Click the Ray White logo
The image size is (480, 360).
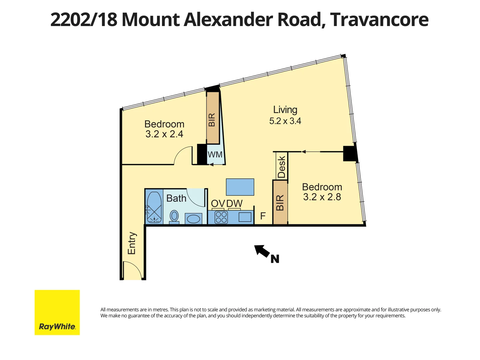(x=57, y=312)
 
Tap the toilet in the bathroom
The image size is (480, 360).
(x=174, y=216)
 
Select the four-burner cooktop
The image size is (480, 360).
(x=221, y=217)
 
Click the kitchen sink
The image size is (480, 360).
(x=245, y=217)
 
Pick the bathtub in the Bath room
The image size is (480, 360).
(x=154, y=207)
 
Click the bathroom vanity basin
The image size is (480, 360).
(x=193, y=219)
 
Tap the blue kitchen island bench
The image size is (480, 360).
(x=240, y=187)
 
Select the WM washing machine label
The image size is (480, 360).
(x=215, y=155)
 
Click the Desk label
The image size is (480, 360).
(x=282, y=167)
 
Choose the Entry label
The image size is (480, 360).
(x=132, y=243)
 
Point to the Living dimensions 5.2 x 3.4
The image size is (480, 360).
(x=285, y=121)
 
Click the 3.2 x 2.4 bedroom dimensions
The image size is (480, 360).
(x=164, y=134)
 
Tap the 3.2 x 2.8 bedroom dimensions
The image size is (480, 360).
(x=322, y=197)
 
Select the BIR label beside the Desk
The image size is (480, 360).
(x=280, y=203)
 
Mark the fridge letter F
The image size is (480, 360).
(x=263, y=216)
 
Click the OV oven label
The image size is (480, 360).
(x=218, y=203)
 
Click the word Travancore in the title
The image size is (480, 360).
(x=379, y=20)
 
